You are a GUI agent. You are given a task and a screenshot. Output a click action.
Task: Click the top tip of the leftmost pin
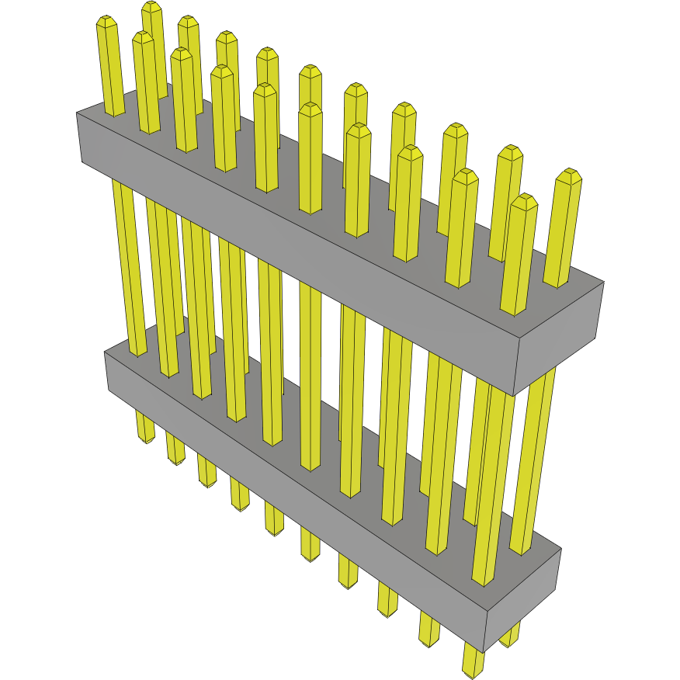coord(106,21)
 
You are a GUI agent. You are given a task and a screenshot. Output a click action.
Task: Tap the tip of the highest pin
coord(152,6)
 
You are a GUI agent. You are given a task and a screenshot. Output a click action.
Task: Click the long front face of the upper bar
coord(295,256)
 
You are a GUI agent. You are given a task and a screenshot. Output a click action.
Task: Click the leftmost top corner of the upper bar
coord(77,113)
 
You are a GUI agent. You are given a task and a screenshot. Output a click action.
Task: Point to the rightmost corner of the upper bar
coord(604,282)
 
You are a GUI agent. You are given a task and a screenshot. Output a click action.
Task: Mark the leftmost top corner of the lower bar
coord(105,352)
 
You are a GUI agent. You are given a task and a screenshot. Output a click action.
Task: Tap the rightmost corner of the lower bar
coord(560,550)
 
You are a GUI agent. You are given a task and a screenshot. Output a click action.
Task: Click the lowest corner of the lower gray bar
coord(484,653)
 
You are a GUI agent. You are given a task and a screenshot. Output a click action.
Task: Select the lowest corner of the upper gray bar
coord(513,394)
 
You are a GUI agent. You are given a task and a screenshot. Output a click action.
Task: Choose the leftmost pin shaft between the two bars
coord(129,264)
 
